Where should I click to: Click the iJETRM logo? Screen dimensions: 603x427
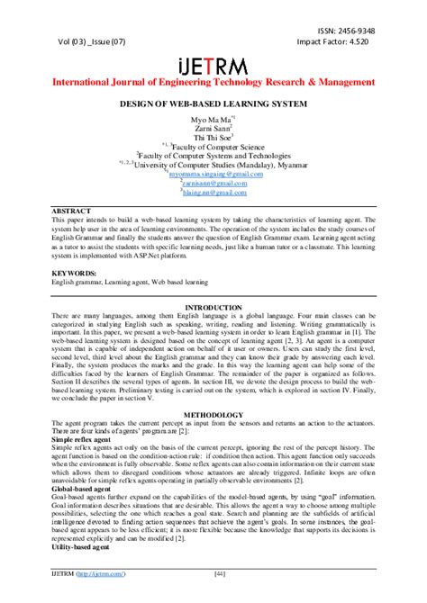[213, 65]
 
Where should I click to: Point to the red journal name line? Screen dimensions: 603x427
[213, 82]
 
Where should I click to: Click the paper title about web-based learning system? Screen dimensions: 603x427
[213, 104]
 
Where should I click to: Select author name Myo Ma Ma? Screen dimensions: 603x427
[213, 120]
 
